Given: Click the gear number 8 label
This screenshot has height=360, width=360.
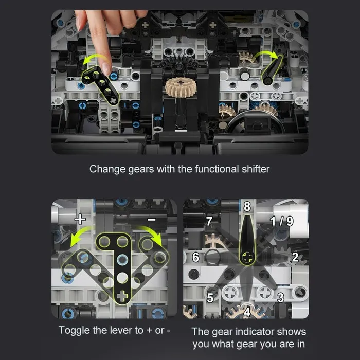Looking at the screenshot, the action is coord(247,206).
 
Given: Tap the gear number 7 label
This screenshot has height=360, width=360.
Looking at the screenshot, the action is coord(209,221).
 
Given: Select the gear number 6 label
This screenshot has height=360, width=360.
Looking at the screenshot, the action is coord(195,257).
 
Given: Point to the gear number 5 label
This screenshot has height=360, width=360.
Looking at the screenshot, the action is coord(210,298).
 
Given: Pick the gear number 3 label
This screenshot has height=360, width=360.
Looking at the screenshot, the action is coord(281,298).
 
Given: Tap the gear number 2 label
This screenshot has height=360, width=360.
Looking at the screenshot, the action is coord(295,257).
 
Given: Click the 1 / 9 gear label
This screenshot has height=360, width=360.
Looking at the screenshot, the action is coord(282,221).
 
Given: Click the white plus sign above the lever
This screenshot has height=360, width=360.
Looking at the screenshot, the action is coord(80,219).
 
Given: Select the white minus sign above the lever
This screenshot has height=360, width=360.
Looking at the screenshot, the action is coord(152,220).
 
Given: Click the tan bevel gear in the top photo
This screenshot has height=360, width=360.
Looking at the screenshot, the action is coord(181,87).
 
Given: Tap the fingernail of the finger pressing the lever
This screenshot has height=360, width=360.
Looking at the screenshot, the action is coord(106,69).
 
